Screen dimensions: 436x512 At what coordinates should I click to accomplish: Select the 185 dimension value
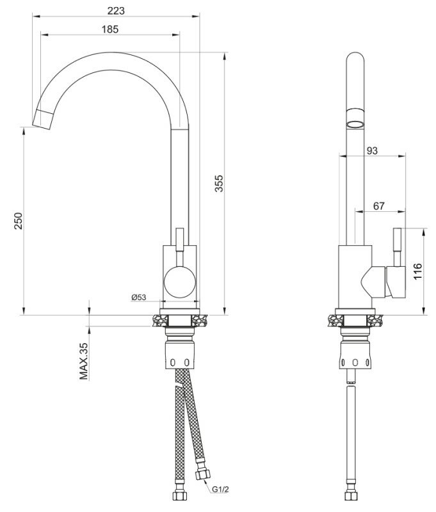(x=109, y=29)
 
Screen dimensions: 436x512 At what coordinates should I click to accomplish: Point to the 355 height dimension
(x=219, y=186)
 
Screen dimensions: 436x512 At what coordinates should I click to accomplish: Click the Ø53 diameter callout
(x=139, y=297)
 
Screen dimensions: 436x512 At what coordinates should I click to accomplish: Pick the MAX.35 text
(x=83, y=361)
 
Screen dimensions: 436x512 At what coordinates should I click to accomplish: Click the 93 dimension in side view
(x=372, y=151)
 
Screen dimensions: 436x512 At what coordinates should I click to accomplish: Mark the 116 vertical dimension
(x=417, y=271)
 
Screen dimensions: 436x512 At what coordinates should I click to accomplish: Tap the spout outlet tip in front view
(x=42, y=119)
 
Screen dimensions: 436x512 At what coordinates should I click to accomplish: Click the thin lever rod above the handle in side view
(x=397, y=246)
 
